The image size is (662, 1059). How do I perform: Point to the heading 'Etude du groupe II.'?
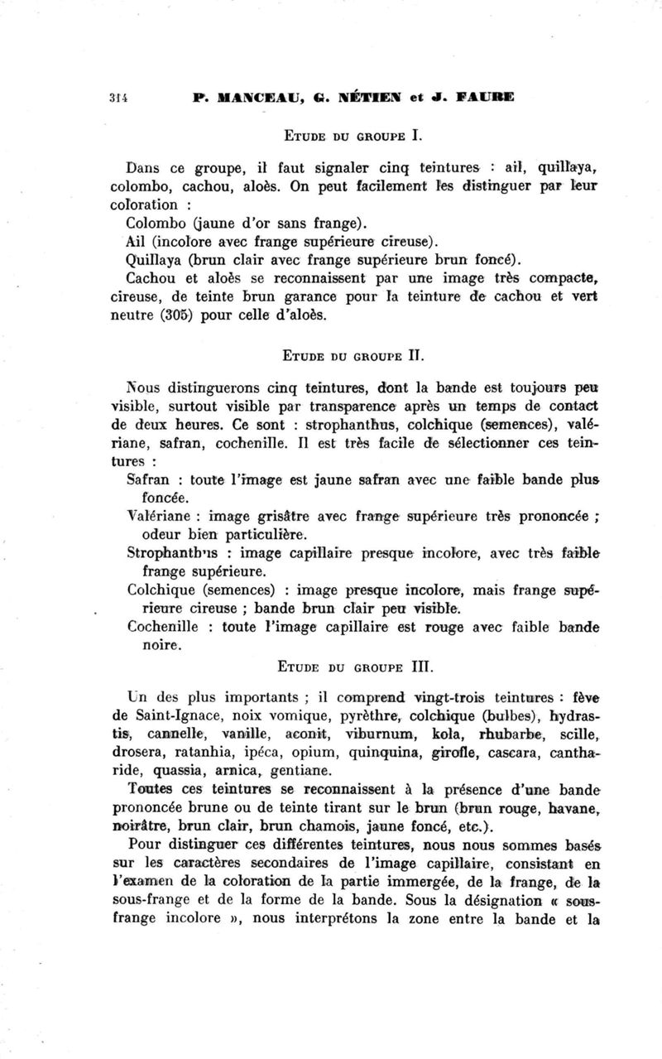click(342, 359)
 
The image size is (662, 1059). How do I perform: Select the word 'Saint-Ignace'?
click(178, 715)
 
